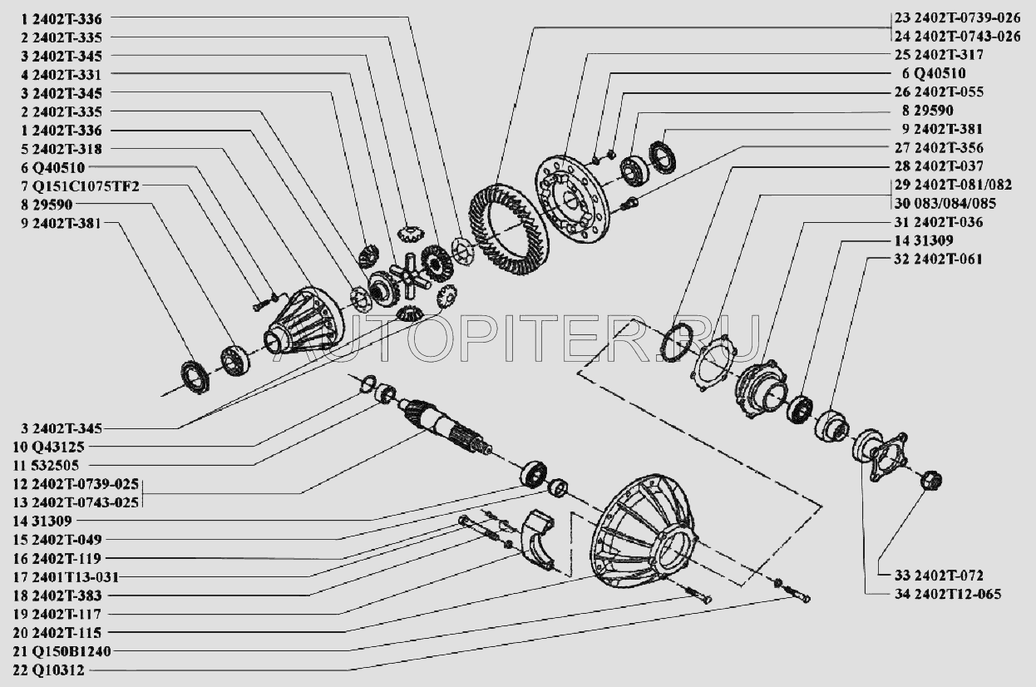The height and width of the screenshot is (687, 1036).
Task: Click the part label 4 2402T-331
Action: tap(61, 75)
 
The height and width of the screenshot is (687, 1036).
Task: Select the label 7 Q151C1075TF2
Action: tap(80, 186)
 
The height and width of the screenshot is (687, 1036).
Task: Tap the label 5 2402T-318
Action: tap(61, 149)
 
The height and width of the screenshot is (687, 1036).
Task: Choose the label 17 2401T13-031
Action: tap(67, 577)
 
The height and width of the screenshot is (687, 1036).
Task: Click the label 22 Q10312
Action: tap(48, 670)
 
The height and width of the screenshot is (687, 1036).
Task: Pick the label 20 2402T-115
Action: tap(57, 632)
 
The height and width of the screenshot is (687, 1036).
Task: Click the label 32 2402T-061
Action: tap(938, 259)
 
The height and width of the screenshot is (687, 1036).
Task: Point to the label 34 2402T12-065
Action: tap(948, 594)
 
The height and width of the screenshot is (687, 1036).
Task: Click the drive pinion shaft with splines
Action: tap(444, 427)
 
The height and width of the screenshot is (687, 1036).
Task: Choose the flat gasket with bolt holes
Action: tap(713, 364)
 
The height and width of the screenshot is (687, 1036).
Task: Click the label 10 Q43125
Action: tap(48, 447)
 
